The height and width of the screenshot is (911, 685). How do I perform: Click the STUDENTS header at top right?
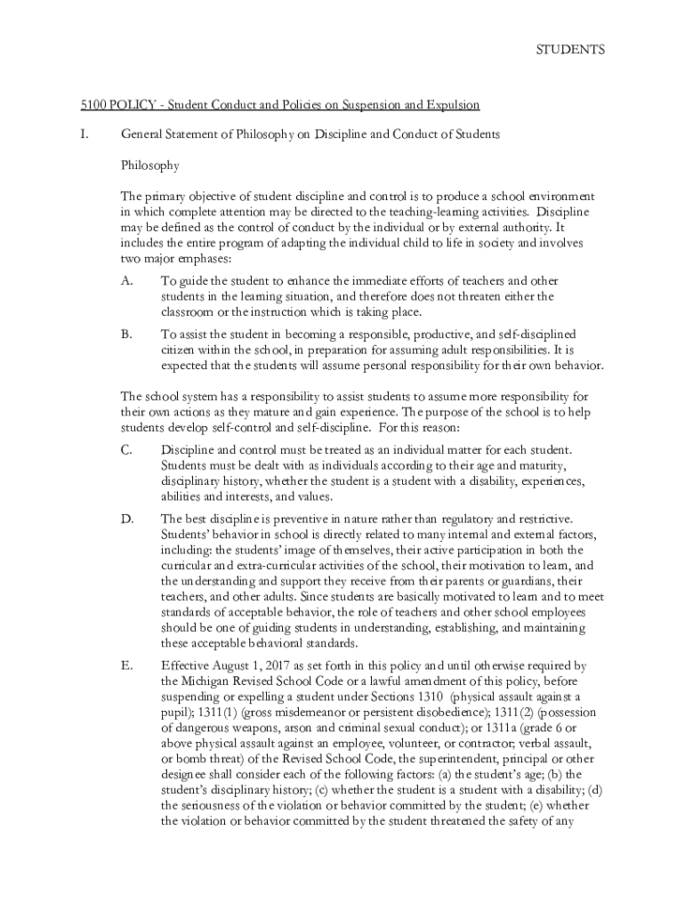pos(569,50)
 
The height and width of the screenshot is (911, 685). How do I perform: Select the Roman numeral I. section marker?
pos(85,134)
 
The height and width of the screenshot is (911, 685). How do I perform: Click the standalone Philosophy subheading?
pos(150,165)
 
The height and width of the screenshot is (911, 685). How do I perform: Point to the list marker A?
pos(126,280)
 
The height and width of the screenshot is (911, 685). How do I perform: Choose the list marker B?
pos(126,335)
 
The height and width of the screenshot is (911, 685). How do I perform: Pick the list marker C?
pos(126,450)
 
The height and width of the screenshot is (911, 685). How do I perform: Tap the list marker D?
pos(126,518)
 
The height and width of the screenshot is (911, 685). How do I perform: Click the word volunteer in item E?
pos(410,745)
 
